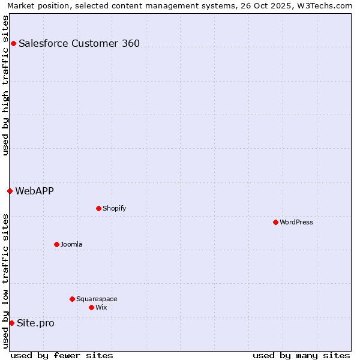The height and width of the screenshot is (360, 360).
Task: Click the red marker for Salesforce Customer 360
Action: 13,43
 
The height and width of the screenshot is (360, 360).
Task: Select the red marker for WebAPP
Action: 10,191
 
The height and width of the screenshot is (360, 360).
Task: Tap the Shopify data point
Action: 98,208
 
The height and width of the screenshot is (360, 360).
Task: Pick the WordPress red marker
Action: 275,222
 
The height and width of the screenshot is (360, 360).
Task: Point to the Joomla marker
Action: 56,244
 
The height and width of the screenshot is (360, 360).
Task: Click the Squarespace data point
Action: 72,299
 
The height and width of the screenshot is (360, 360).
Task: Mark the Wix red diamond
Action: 91,307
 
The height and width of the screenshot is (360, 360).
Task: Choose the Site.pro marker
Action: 11,323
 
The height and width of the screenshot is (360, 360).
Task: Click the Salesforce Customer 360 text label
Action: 79,43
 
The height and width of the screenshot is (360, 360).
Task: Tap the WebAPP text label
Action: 34,191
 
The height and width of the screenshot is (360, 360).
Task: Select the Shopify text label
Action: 114,208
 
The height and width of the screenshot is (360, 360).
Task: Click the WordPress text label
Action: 296,222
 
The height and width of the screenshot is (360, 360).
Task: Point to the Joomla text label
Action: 71,244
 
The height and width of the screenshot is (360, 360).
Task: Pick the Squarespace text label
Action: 97,299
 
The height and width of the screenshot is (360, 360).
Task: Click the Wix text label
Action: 101,307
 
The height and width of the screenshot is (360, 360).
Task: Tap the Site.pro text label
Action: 35,323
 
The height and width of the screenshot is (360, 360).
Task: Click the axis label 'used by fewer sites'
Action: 62,355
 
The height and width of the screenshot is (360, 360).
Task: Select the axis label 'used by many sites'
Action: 301,355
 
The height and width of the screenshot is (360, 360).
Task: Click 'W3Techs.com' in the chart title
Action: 326,5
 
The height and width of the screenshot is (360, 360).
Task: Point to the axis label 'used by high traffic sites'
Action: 5,85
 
